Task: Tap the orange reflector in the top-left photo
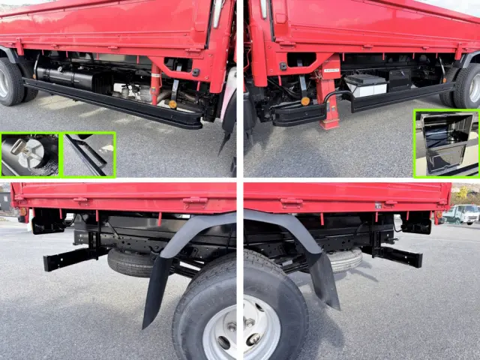click(x=172, y=104)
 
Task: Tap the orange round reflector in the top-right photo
click(x=304, y=101)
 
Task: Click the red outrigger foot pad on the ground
click(x=329, y=123)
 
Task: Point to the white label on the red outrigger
click(x=330, y=68)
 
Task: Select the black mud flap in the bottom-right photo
click(x=325, y=281)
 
